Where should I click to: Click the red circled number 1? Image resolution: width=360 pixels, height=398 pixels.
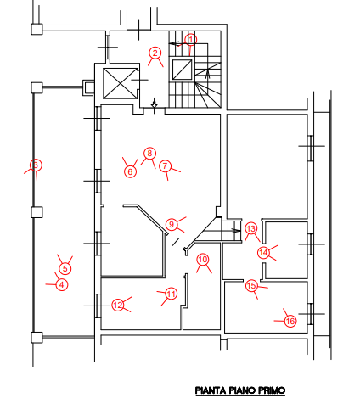point(191,40)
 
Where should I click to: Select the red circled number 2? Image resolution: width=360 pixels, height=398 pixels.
point(155,53)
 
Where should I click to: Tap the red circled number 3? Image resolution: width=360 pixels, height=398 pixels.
point(36,165)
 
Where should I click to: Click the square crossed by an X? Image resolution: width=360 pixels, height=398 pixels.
point(120,83)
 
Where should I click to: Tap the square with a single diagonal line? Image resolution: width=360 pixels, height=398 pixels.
point(183,70)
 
